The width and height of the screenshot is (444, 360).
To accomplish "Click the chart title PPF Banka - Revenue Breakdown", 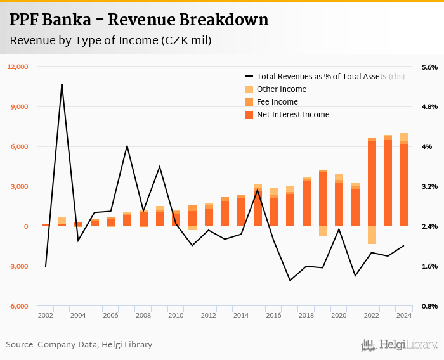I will click(x=139, y=20).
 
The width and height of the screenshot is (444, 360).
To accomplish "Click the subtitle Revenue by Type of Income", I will click(x=110, y=41).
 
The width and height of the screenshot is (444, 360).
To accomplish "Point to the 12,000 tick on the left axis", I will click(x=18, y=67).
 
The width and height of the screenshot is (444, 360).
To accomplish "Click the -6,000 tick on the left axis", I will click(x=18, y=306).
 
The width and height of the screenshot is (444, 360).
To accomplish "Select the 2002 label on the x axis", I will click(x=45, y=315).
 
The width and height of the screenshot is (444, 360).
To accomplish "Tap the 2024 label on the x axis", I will click(x=404, y=315).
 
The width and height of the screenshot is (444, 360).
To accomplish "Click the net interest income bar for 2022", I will click(x=372, y=184).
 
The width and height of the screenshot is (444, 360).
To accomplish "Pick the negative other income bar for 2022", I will click(x=372, y=235).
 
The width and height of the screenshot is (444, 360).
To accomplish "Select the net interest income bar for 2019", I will click(x=323, y=199).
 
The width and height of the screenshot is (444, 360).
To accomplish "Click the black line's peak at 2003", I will click(x=62, y=84).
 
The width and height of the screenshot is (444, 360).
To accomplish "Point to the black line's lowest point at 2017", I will click(x=290, y=280).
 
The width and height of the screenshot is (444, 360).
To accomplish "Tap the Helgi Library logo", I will click(x=400, y=345).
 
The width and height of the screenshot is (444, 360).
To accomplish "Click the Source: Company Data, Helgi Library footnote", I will click(x=79, y=345).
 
